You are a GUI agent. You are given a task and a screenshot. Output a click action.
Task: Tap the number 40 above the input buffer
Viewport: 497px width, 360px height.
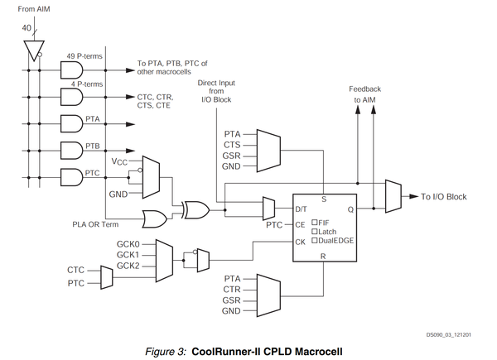click(x=28, y=28)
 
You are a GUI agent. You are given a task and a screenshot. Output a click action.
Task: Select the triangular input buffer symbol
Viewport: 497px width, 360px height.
click(x=31, y=51)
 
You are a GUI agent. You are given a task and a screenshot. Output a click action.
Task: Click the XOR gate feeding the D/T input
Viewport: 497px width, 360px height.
click(x=196, y=209)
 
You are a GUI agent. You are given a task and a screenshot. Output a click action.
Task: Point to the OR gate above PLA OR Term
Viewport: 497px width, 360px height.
click(x=152, y=218)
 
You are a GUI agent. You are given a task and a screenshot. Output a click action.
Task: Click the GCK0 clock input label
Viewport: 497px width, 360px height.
click(x=128, y=245)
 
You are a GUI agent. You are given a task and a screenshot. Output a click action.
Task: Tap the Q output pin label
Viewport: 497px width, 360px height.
click(x=350, y=209)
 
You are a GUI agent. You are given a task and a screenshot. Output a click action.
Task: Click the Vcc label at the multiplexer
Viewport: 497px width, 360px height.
click(x=120, y=163)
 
